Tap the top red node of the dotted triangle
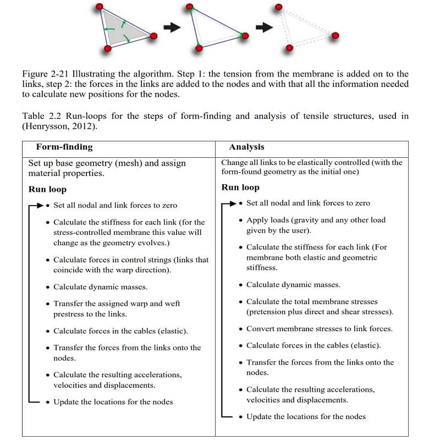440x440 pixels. [x=279, y=7]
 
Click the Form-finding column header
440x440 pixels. [x=64, y=147]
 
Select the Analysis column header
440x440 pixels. [x=246, y=147]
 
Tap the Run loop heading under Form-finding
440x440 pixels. [x=47, y=189]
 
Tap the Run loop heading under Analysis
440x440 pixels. [x=240, y=188]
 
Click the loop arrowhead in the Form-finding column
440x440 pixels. [x=39, y=205]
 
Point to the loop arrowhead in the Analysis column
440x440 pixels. [x=232, y=203]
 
